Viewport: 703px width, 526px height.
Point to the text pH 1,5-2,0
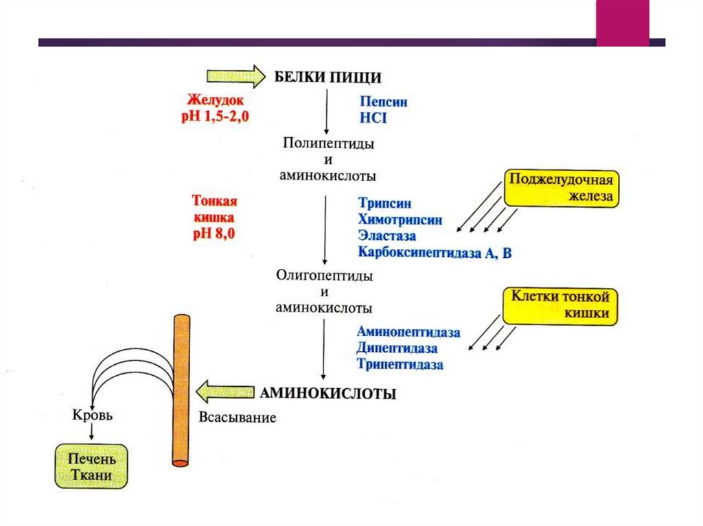[x=215, y=117]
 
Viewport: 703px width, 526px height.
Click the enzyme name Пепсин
[x=383, y=101]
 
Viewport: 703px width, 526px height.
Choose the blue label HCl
[x=373, y=118]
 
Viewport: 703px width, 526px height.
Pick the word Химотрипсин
[x=400, y=220]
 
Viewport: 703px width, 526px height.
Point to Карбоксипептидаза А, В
[x=435, y=253]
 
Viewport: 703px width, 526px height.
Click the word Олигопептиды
[x=324, y=276]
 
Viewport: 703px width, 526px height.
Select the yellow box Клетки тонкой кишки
[x=561, y=305]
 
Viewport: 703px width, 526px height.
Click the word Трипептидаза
[x=400, y=364]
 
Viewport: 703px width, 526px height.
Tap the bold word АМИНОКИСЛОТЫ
[x=328, y=394]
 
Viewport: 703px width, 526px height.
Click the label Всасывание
[x=238, y=417]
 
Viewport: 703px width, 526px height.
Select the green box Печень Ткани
[x=91, y=466]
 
